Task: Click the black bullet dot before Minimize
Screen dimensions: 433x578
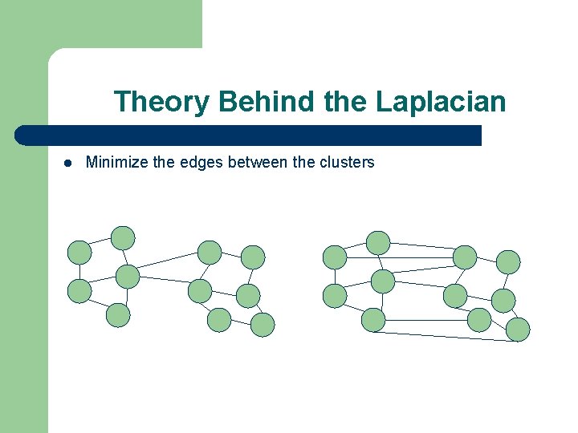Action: click(x=68, y=163)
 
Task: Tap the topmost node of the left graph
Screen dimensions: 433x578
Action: click(x=123, y=237)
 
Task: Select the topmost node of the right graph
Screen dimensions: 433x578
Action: click(x=378, y=242)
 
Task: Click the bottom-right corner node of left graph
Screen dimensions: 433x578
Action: click(x=263, y=325)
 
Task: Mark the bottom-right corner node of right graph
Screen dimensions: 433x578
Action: click(x=518, y=330)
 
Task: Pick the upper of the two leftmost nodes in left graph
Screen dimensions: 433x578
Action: click(x=79, y=253)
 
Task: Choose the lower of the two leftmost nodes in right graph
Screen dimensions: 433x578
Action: click(x=335, y=296)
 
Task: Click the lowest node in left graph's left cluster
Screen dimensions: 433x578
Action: click(x=118, y=315)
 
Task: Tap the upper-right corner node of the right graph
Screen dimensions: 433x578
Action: click(x=508, y=261)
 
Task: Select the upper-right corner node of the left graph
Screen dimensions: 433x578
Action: click(x=253, y=257)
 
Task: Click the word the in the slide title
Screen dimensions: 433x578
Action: click(x=344, y=103)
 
